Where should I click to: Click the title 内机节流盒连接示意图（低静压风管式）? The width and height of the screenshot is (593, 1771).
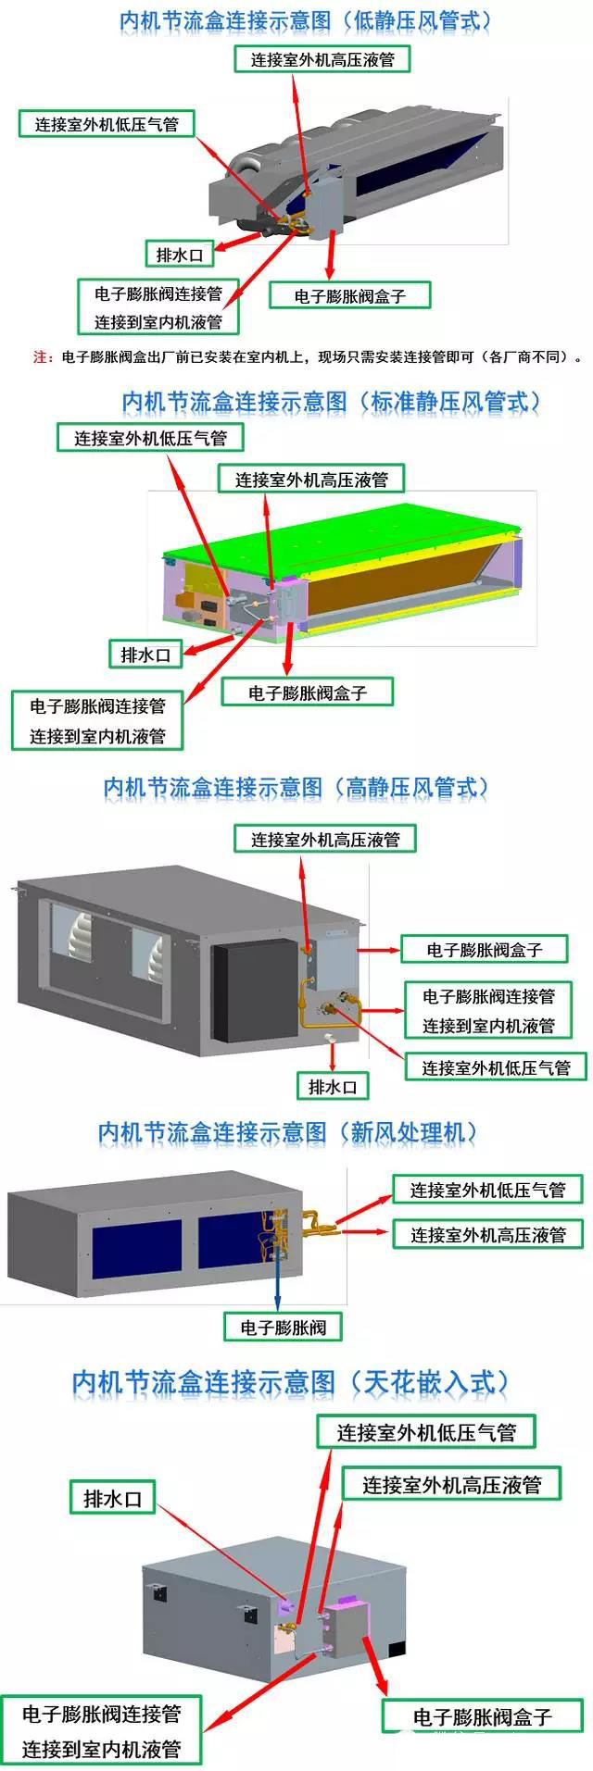[x=306, y=20]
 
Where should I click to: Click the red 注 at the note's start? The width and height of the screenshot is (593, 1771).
[x=41, y=357]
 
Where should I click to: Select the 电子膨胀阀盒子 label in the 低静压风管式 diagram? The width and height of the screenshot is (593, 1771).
[x=349, y=296]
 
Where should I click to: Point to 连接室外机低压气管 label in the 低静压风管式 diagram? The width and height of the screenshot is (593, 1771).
[x=107, y=123]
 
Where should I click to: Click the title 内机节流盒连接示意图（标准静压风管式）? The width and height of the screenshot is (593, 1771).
[x=332, y=401]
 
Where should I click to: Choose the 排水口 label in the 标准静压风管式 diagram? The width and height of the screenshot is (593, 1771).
[x=145, y=655]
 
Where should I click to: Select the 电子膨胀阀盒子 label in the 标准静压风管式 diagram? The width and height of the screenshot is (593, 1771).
[x=308, y=692]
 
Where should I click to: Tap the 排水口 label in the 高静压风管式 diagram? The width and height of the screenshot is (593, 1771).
[x=332, y=1086]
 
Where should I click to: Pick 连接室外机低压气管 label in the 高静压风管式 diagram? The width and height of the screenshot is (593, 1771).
[x=496, y=1067]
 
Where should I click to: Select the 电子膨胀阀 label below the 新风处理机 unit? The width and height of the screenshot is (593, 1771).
[x=283, y=1327]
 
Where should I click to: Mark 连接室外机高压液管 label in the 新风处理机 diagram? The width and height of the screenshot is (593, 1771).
[x=487, y=1234]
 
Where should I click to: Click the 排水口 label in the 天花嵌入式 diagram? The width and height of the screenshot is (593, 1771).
[x=113, y=1498]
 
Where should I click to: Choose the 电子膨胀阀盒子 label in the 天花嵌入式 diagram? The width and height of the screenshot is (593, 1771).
[x=482, y=1717]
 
